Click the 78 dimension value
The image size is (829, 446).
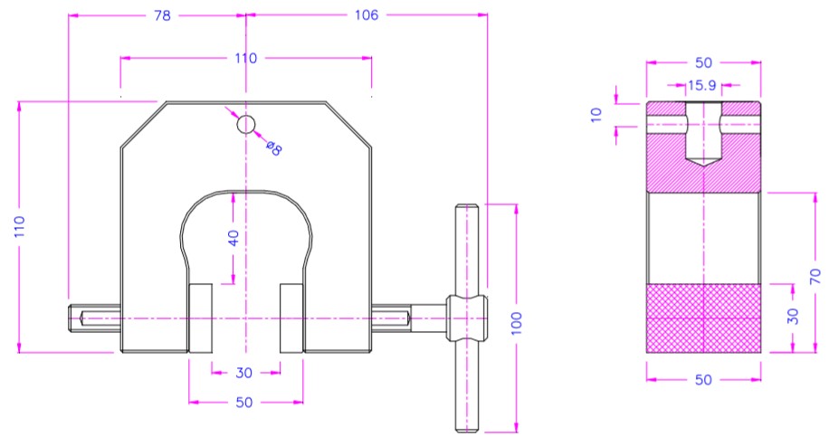[x=162, y=16]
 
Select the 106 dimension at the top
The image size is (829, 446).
[x=367, y=15]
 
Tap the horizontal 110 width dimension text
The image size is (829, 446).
[x=246, y=58]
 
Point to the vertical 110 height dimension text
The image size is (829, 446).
[x=20, y=227]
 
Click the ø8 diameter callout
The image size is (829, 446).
[x=274, y=148]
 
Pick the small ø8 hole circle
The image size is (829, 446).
[x=246, y=125]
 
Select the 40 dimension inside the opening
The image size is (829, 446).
[x=233, y=238]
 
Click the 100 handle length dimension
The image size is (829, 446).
[x=517, y=323]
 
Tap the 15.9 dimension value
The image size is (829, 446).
[x=701, y=86]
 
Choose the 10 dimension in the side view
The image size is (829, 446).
[x=596, y=115]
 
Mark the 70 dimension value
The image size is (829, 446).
[x=815, y=276]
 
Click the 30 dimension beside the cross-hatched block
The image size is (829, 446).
[x=792, y=317]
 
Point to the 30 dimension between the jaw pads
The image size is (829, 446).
[x=243, y=373]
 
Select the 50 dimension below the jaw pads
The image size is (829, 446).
[x=243, y=403]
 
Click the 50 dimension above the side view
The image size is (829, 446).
[x=703, y=63]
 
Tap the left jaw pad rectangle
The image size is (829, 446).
[x=200, y=318]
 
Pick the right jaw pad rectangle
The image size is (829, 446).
[x=291, y=318]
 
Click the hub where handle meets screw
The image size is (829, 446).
[x=466, y=318]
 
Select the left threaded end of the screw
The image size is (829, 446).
[x=95, y=318]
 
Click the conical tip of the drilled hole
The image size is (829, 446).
[x=703, y=162]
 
